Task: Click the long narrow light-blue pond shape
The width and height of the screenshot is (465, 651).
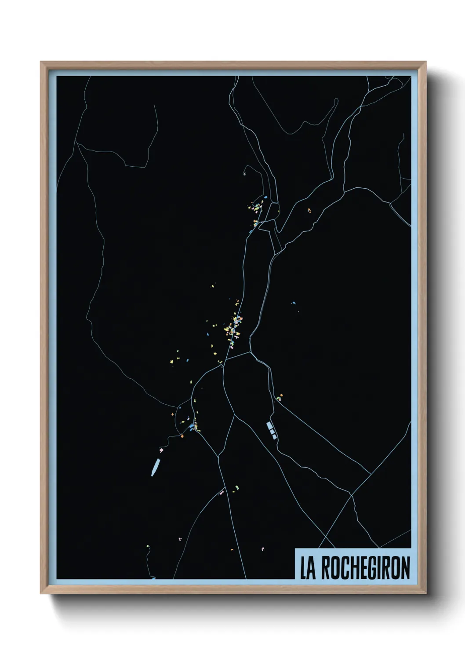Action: point(155,467)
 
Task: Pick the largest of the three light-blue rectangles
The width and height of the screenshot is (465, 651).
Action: point(269,425)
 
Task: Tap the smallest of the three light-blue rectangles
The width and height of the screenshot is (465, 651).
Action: point(275,436)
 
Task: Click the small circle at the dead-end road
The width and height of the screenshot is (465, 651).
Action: point(244,174)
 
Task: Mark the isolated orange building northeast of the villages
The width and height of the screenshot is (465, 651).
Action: point(309,210)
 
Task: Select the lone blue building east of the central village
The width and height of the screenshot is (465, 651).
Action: point(294,303)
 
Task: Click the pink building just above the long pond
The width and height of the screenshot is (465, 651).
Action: point(161,450)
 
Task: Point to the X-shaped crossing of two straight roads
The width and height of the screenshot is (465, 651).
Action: point(351,495)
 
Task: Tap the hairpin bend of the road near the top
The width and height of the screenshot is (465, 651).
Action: point(337,100)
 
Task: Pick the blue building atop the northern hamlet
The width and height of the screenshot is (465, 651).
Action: point(265,197)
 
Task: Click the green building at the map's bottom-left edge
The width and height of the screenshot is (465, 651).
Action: point(148,546)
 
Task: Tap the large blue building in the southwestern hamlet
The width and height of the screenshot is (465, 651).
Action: point(192,427)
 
